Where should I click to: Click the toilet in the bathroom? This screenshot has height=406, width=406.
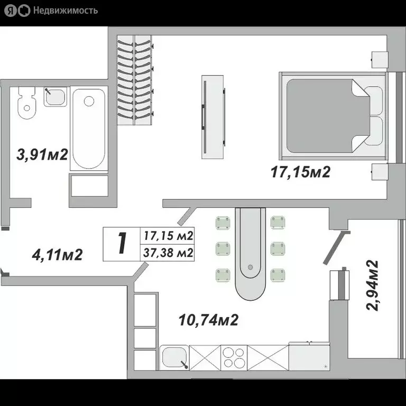(25, 103)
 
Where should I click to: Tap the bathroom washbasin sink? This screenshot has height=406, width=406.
(55, 96)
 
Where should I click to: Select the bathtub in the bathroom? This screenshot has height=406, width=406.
(88, 128)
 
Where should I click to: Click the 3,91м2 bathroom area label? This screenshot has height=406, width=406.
(43, 155)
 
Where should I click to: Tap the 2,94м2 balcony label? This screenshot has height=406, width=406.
(373, 285)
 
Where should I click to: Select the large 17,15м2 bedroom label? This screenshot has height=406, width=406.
(300, 172)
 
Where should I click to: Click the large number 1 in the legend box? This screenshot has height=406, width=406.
(122, 243)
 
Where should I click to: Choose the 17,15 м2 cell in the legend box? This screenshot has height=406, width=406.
(168, 235)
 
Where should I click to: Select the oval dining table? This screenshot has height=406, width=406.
(251, 253)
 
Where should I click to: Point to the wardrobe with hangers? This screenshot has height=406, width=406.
(135, 79)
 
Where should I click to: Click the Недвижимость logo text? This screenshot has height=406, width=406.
(65, 10)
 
